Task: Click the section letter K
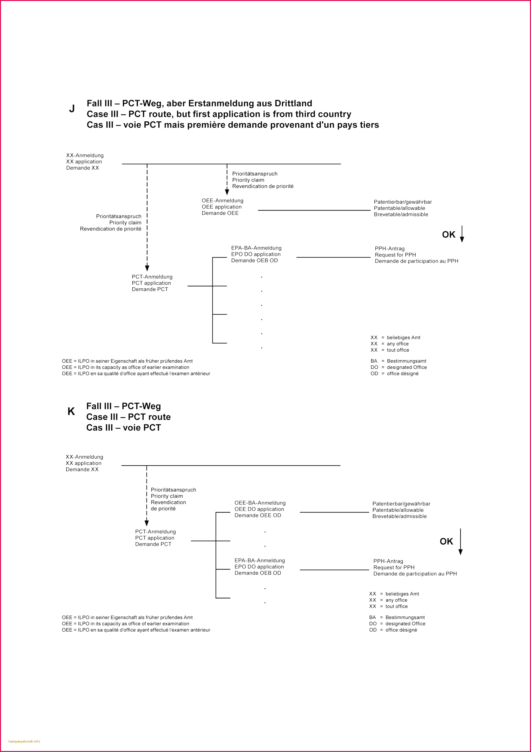(x=71, y=411)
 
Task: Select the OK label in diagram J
(x=448, y=234)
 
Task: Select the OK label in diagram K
(x=446, y=541)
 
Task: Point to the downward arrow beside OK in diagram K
(x=461, y=541)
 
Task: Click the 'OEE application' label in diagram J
(x=221, y=207)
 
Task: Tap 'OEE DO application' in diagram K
(x=259, y=509)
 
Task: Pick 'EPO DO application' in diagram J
(x=256, y=254)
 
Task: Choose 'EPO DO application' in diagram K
(x=259, y=567)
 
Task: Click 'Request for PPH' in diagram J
(x=395, y=255)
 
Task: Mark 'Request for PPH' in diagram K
(x=394, y=567)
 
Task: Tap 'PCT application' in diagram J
(x=151, y=283)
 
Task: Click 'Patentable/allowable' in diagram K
(x=398, y=510)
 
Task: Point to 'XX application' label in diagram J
(x=84, y=162)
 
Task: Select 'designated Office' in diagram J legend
(x=407, y=367)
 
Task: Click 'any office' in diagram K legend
(x=396, y=600)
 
